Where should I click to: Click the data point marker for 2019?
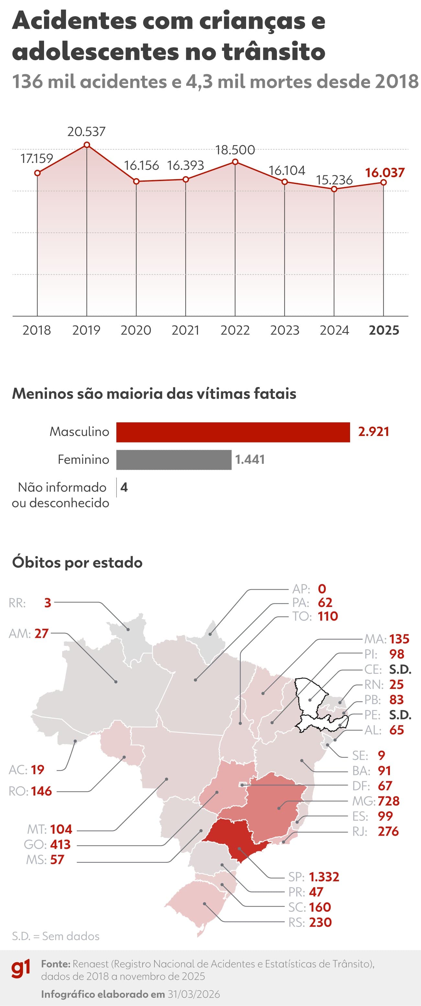87,145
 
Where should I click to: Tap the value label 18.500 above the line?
235,150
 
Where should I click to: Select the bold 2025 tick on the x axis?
384,330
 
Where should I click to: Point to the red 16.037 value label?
385,173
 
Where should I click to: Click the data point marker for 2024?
334,189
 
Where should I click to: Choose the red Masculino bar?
233,432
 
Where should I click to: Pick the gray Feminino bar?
174,460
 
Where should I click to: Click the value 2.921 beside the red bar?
373,432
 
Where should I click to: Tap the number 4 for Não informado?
124,487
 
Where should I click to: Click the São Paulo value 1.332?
324,877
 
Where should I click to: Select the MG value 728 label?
389,801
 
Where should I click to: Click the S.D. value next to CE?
400,669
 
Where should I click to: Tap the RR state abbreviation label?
17,603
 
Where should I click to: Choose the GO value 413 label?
60,844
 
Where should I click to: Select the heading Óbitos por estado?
77,563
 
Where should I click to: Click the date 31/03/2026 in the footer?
194,994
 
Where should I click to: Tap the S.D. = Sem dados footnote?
55,936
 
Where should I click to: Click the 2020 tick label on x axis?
136,330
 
